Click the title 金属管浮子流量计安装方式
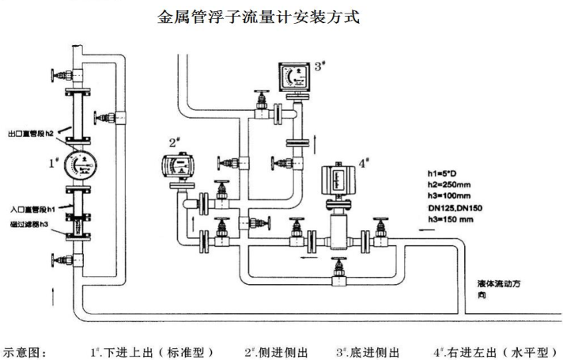[259, 16]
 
